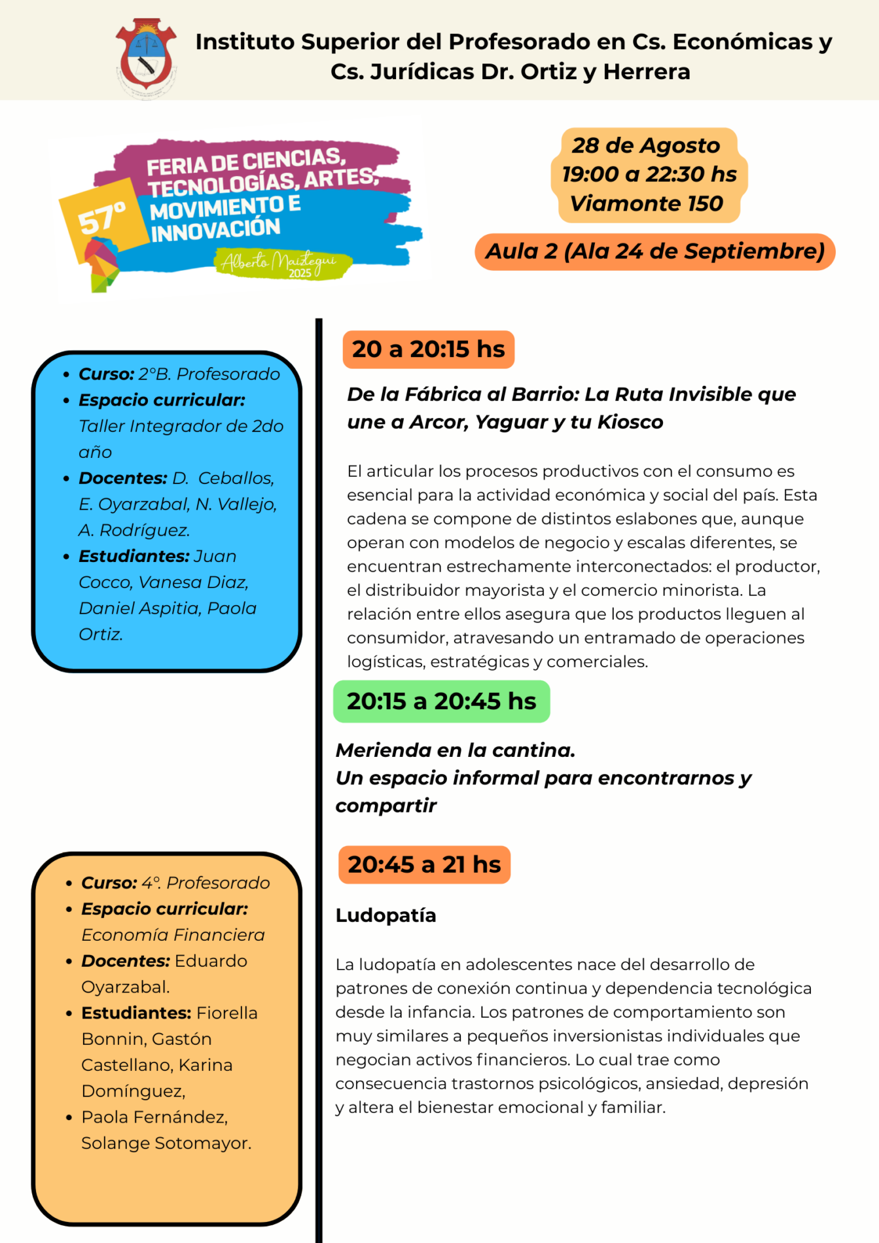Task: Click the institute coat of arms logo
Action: tap(146, 56)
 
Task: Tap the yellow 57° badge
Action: tap(103, 217)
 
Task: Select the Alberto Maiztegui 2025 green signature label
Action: tap(281, 264)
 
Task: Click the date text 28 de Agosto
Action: tap(645, 145)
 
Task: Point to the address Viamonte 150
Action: tap(646, 203)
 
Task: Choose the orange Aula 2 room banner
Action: tap(655, 251)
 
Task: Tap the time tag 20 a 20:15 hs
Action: tap(428, 349)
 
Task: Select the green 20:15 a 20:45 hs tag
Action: tap(441, 701)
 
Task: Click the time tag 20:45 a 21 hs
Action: tap(424, 864)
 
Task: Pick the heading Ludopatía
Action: tap(386, 915)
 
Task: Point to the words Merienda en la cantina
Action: tap(455, 750)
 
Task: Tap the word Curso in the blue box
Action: tap(106, 374)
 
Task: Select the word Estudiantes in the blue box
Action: tap(134, 556)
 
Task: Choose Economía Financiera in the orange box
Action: tap(173, 935)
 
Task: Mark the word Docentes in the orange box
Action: tap(125, 961)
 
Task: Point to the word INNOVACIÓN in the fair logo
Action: tap(215, 229)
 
